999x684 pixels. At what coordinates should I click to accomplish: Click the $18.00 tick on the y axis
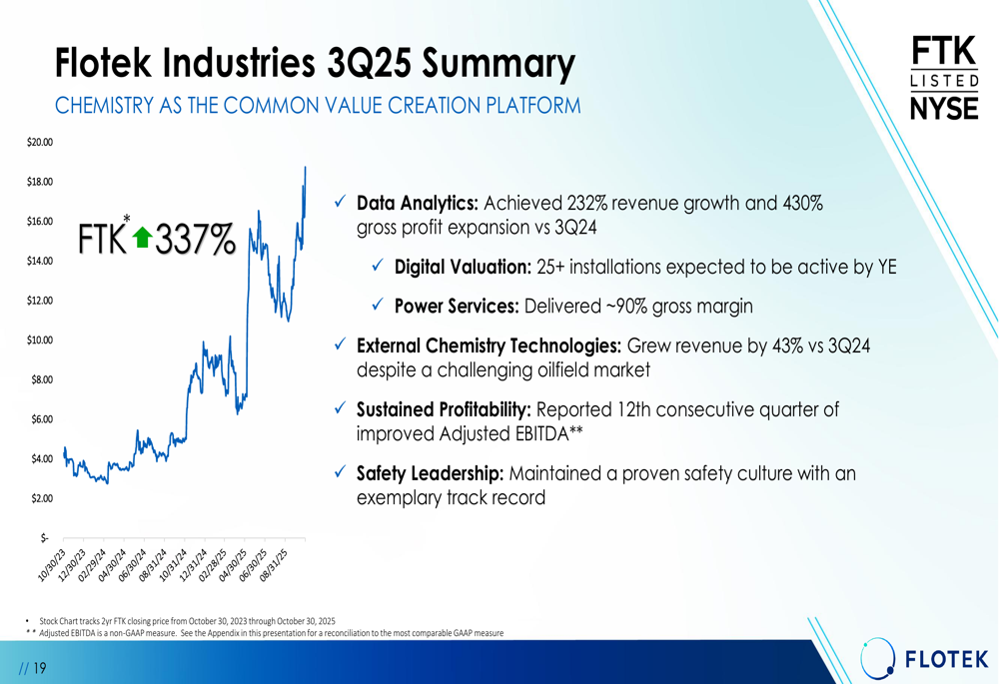click(40, 182)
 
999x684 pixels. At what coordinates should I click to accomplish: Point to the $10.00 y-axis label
click(40, 341)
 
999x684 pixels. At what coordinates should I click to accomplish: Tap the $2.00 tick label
click(40, 498)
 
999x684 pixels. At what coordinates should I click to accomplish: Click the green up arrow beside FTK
click(142, 237)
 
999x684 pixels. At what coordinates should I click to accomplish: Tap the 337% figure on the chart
click(195, 239)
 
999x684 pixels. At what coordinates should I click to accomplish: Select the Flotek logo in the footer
click(926, 658)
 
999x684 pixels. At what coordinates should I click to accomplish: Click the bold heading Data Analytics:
click(418, 204)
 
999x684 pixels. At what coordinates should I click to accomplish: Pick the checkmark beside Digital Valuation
click(378, 267)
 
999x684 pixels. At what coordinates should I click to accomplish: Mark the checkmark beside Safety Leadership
click(340, 473)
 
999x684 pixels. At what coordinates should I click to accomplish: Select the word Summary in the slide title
click(499, 65)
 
